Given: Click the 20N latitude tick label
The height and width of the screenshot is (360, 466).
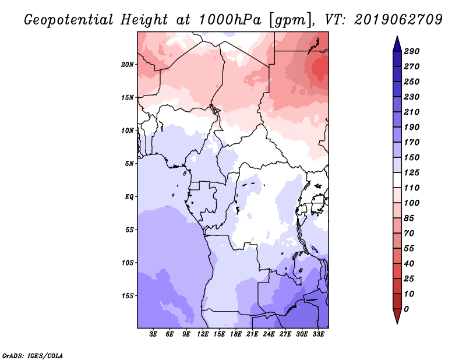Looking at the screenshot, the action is pos(128,65).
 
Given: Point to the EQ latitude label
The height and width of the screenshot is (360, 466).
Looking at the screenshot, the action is pos(129,197).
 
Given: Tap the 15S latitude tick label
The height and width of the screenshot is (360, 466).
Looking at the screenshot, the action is pos(128,296).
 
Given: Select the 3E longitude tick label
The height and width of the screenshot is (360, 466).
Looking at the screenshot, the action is pos(153,334).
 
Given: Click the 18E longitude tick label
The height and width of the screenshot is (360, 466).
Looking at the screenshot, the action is pos(236,334).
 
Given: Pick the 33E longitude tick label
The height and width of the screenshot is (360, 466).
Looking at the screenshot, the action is pos(318,334).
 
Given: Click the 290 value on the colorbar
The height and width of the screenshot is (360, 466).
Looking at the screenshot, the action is pos(411,51).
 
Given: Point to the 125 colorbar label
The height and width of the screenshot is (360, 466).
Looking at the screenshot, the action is pos(411,172).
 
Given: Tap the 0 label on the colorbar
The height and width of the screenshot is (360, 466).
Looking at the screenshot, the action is pos(406,309).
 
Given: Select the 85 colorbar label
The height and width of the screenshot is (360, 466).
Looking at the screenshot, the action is pos(409,218).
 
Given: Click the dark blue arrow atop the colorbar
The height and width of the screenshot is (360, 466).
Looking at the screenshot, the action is pos(397,44).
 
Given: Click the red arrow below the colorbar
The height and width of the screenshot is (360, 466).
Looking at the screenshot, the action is pos(397,316).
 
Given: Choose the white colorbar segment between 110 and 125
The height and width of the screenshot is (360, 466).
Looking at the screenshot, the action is pos(397,180).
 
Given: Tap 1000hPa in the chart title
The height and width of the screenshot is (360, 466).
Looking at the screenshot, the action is pos(230,20).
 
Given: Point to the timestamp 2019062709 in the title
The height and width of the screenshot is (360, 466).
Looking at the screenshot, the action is pos(398,20).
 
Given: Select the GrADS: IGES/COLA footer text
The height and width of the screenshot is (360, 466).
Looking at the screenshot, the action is pos(33,356).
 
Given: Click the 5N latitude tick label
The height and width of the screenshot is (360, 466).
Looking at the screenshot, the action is pos(129,164).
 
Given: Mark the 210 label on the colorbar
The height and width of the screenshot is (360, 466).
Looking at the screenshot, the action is pos(411,112).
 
